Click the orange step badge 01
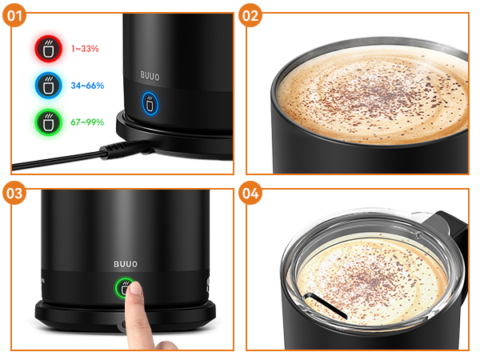click(x=14, y=15)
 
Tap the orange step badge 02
click(x=250, y=15)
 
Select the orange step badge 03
click(x=14, y=193)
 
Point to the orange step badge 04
click(x=250, y=193)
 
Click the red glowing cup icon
click(x=48, y=49)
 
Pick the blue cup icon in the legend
click(x=48, y=86)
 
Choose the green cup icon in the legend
click(x=48, y=122)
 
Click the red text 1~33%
click(x=85, y=49)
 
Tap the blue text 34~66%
click(x=87, y=86)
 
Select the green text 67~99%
click(x=87, y=122)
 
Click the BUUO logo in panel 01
click(x=150, y=76)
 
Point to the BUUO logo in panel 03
click(x=126, y=264)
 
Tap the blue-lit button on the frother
click(x=150, y=104)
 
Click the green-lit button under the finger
click(x=123, y=288)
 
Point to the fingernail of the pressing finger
click(x=136, y=288)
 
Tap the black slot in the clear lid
click(x=326, y=306)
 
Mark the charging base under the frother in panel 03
click(x=126, y=316)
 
